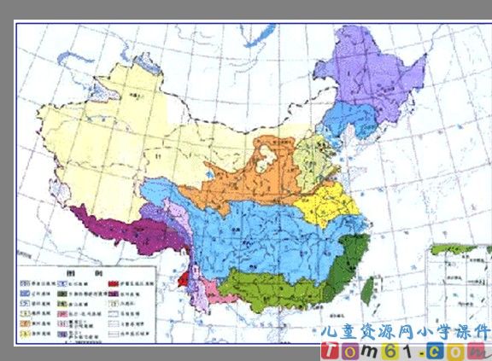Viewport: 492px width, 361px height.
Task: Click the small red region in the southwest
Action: coord(182,278)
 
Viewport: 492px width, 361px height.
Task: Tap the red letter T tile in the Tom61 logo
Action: coord(331,350)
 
